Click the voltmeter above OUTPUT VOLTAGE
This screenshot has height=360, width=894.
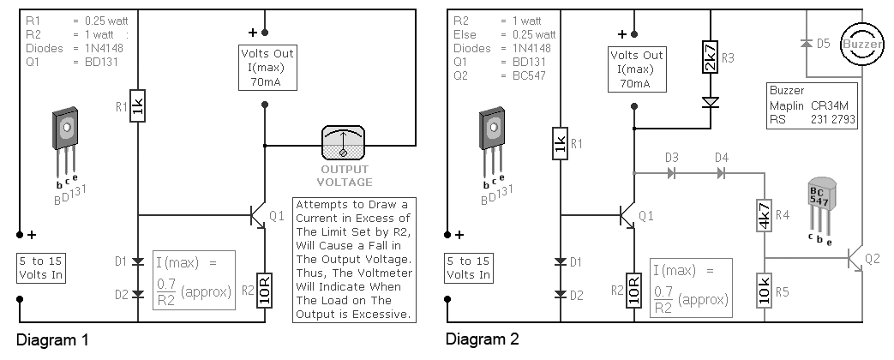click(x=343, y=142)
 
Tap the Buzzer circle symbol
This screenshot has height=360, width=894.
click(x=862, y=45)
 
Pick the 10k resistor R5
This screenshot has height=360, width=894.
click(x=765, y=290)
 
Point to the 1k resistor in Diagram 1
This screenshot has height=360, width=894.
click(x=138, y=105)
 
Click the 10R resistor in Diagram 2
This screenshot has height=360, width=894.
click(x=634, y=290)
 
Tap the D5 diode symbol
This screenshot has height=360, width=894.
click(x=807, y=44)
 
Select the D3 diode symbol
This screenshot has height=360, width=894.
click(x=671, y=172)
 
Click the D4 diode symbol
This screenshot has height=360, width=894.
click(x=721, y=172)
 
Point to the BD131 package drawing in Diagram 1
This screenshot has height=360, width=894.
click(x=65, y=142)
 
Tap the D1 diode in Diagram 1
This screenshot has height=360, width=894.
click(x=138, y=262)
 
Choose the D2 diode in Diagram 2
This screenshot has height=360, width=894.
click(x=561, y=294)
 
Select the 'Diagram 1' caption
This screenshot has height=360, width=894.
click(x=52, y=340)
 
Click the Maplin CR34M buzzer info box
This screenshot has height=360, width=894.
click(x=812, y=105)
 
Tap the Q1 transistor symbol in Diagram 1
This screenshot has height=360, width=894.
click(x=258, y=215)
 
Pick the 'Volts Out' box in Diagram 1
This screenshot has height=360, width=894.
click(x=267, y=68)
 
